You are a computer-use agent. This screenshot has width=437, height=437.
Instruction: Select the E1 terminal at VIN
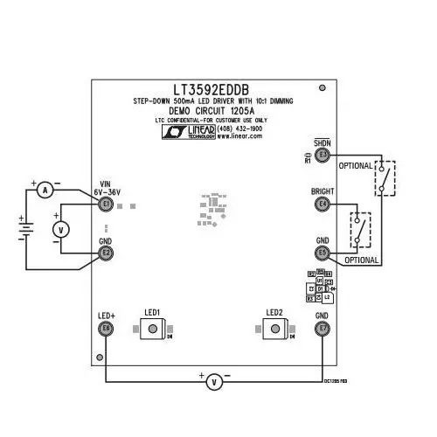coord(106,205)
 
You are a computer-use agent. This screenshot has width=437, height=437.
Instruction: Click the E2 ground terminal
coord(106,253)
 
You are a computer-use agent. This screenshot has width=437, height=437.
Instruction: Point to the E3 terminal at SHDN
coord(323,155)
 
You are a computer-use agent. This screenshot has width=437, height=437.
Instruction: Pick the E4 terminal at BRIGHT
coord(323,205)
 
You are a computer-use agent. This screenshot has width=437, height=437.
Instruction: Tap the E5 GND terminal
coord(323,253)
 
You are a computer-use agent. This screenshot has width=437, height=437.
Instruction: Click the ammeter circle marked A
coord(50,189)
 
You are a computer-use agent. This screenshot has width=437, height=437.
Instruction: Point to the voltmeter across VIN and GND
coord(61,229)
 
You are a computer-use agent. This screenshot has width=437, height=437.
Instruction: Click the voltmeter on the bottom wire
coord(213,382)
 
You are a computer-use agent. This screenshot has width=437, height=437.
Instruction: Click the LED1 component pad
coord(153,329)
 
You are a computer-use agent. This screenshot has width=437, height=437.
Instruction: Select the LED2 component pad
coord(275,329)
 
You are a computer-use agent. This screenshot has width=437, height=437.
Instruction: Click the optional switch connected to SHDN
coord(384,178)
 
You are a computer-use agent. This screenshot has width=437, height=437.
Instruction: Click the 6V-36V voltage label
coord(107,191)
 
